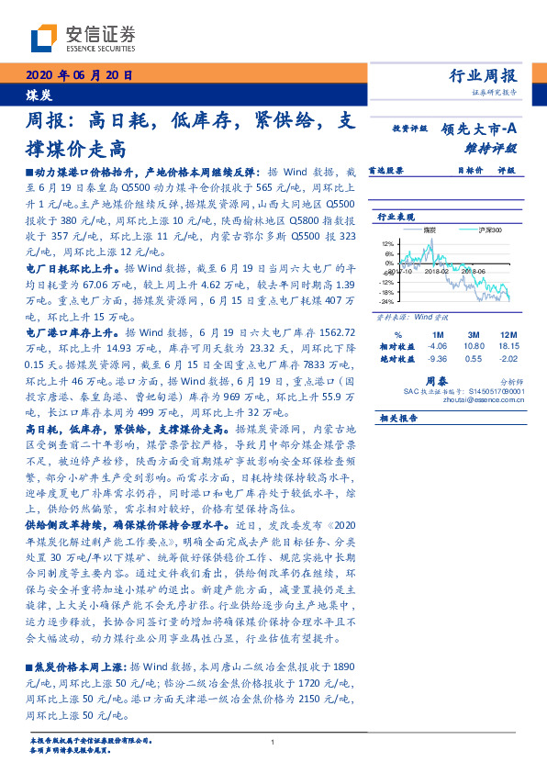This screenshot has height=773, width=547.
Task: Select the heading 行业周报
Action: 485,76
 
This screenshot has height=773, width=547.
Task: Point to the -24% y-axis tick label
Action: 386,301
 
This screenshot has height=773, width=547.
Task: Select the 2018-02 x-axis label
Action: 435,272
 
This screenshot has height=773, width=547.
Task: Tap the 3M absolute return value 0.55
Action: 474,360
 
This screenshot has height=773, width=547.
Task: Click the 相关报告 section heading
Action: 398,418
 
